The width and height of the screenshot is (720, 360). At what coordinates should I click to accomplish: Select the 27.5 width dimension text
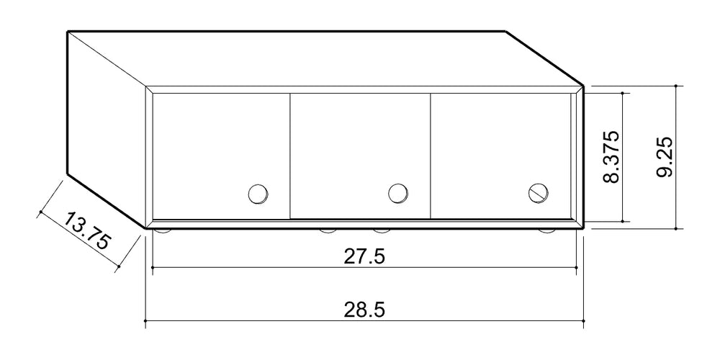[x=364, y=256]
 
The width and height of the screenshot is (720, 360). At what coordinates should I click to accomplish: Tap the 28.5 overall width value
[x=364, y=310]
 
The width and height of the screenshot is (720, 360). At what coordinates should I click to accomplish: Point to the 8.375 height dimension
[x=611, y=157]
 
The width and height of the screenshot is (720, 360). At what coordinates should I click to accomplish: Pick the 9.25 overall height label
[x=665, y=157]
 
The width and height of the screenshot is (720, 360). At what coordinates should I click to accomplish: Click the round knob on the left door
[x=258, y=194]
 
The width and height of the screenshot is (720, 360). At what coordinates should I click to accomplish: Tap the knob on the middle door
[x=398, y=193]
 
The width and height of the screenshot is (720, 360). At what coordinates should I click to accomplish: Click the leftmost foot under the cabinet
[x=163, y=231]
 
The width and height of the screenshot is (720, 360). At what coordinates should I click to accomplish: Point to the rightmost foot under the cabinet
[x=546, y=231]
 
